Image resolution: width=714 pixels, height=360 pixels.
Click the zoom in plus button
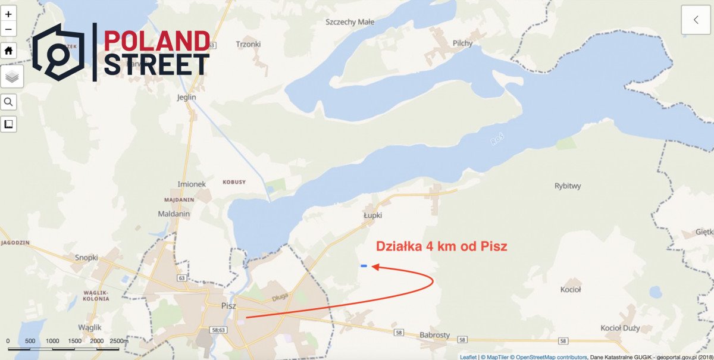pyautogui.click(x=8, y=14)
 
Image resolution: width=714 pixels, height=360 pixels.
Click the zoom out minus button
pyautogui.click(x=8, y=29)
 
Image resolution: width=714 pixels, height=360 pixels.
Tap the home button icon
pyautogui.click(x=8, y=51)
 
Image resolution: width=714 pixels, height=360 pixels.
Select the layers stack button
pyautogui.click(x=12, y=77)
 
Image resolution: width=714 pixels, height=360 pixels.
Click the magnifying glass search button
pyautogui.click(x=8, y=102)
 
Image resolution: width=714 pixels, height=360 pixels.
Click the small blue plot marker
pyautogui.click(x=364, y=266)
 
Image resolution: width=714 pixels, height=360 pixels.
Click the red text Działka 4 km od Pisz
pyautogui.click(x=441, y=246)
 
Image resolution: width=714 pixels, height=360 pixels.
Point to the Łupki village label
pyautogui.click(x=372, y=215)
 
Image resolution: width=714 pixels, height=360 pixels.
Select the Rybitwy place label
pyautogui.click(x=568, y=186)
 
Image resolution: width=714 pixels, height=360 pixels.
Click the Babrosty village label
pyautogui.click(x=435, y=335)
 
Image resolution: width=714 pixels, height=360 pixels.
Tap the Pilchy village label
pyautogui.click(x=462, y=43)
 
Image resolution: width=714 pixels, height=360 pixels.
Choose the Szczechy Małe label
pyautogui.click(x=350, y=22)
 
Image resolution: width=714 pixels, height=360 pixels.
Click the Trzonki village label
pyautogui.click(x=248, y=44)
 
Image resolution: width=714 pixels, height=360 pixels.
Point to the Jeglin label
pyautogui.click(x=187, y=97)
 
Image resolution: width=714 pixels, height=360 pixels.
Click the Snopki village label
pyautogui.click(x=86, y=258)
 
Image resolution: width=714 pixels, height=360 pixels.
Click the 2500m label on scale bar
pyautogui.click(x=119, y=341)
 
